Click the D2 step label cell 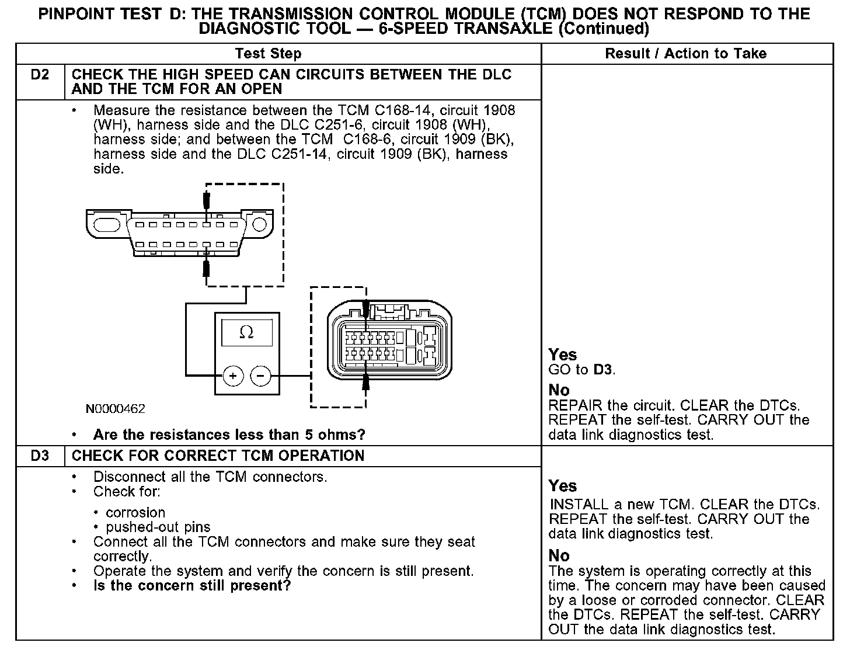click(40, 75)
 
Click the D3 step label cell click(40, 456)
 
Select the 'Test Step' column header click(268, 54)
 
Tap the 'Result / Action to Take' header click(685, 54)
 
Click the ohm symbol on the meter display click(247, 332)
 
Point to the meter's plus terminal click(233, 376)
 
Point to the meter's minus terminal click(261, 376)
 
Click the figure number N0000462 click(116, 409)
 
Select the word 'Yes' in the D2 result click(563, 355)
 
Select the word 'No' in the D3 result click(559, 555)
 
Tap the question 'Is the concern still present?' click(192, 586)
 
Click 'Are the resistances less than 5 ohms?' click(229, 435)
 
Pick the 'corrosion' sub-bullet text click(135, 513)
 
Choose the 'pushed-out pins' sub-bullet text click(158, 527)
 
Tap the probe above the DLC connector click(206, 200)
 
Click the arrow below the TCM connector click(366, 383)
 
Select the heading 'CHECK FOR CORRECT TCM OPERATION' click(218, 456)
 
